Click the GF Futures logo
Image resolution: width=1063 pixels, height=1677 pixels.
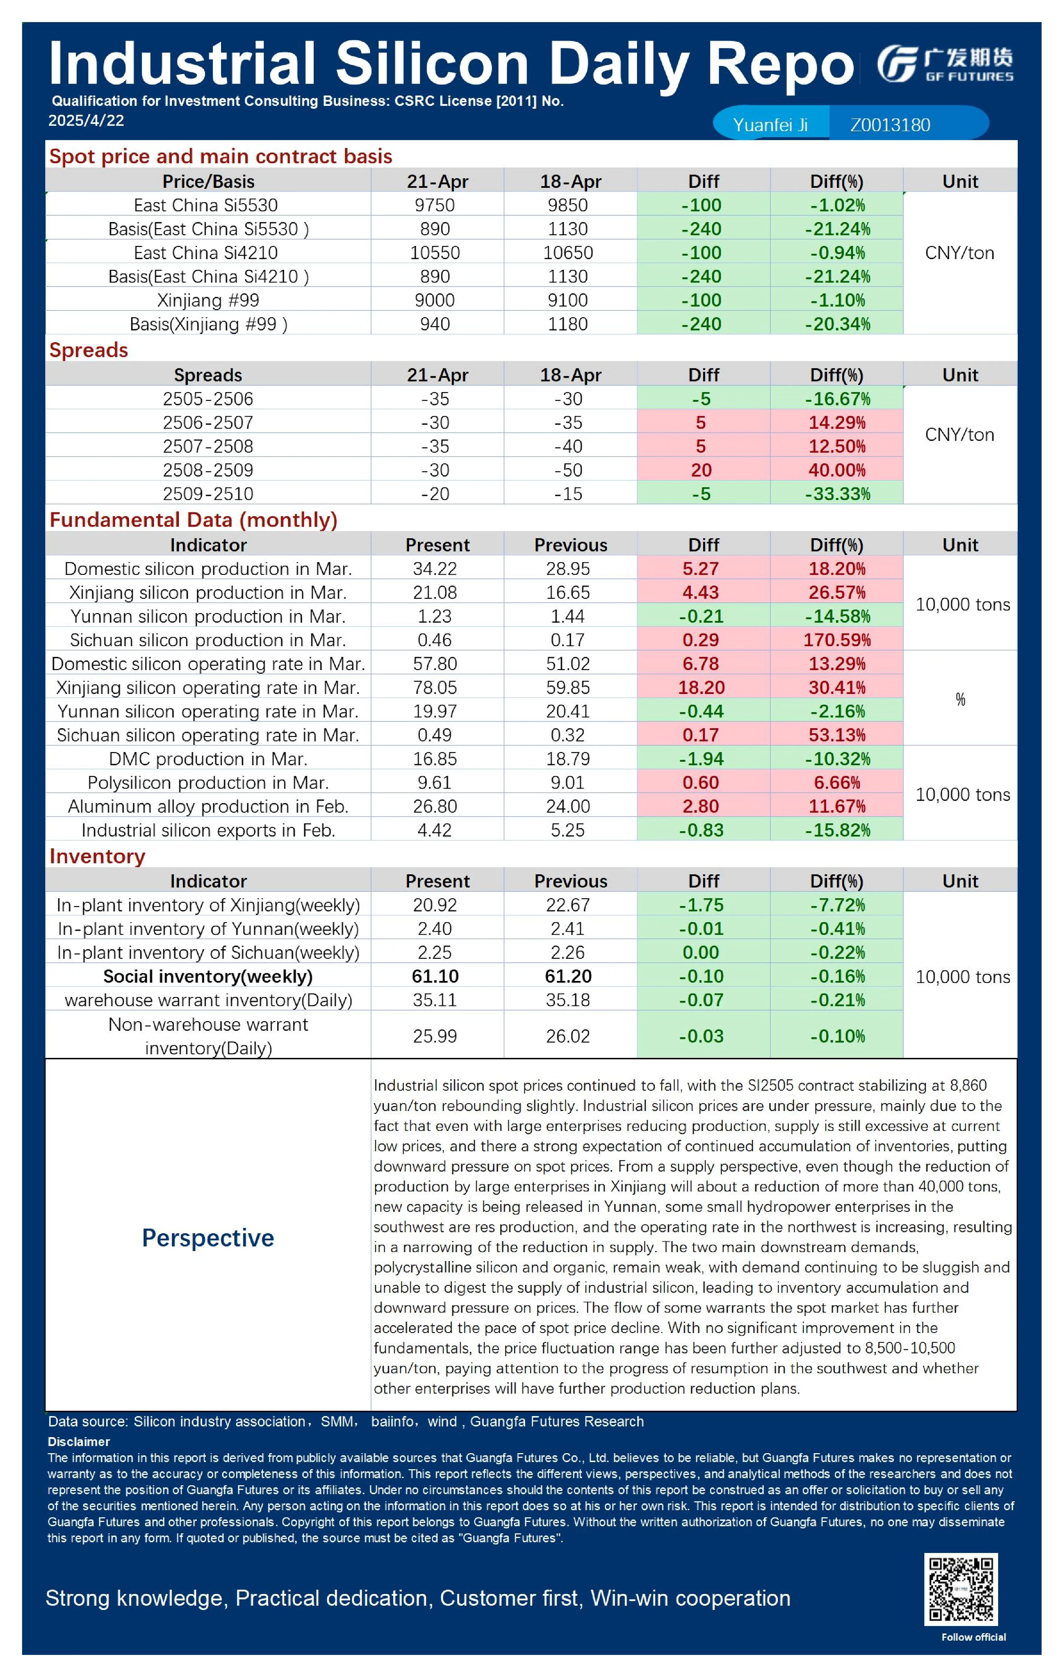coord(945,64)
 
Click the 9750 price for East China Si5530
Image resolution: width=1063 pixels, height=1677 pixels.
coord(435,205)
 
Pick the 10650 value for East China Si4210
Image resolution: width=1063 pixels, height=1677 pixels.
coord(568,253)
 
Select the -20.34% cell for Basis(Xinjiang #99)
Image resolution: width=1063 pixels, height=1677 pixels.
coord(837,324)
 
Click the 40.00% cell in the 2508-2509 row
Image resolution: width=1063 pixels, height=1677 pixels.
coord(837,470)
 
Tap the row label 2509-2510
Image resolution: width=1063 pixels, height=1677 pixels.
coord(207,494)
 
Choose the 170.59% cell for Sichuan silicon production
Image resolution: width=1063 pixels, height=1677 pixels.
coord(837,640)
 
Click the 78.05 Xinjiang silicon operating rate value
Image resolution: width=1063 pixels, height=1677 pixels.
coord(435,688)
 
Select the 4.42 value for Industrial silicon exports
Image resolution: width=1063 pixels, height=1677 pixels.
coord(435,830)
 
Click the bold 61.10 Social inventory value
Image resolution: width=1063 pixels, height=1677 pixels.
coord(435,976)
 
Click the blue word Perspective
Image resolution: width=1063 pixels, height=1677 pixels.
coord(207,1238)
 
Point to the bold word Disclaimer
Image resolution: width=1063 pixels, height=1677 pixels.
coord(79,1442)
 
